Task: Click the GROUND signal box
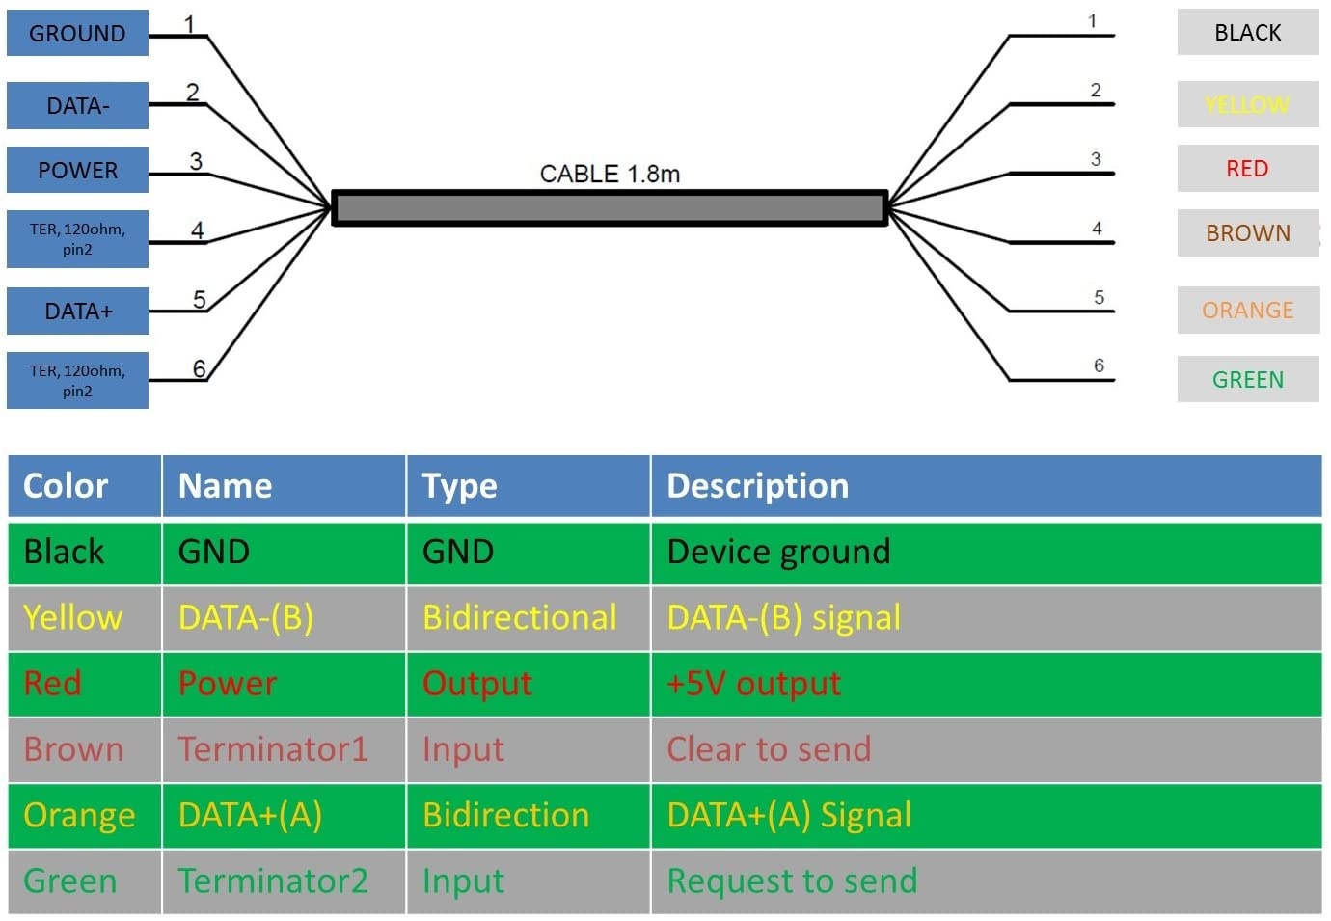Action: pos(77,33)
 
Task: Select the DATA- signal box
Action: pos(77,105)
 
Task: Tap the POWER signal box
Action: pos(77,170)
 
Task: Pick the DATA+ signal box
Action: pos(77,311)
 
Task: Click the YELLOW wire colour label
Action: pos(1247,104)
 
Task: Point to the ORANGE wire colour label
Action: pos(1247,310)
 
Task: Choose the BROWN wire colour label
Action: pos(1247,232)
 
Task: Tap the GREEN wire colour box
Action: pos(1247,379)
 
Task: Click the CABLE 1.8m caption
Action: pos(610,174)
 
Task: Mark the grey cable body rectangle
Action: pos(610,208)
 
